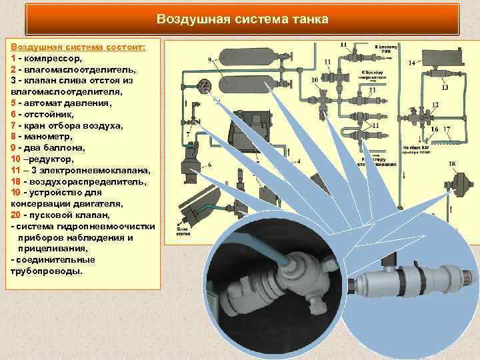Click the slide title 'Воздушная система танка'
(242, 19)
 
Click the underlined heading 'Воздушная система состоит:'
(78, 47)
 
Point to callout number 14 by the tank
(412, 63)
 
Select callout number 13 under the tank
(445, 87)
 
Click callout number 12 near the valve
(435, 105)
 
